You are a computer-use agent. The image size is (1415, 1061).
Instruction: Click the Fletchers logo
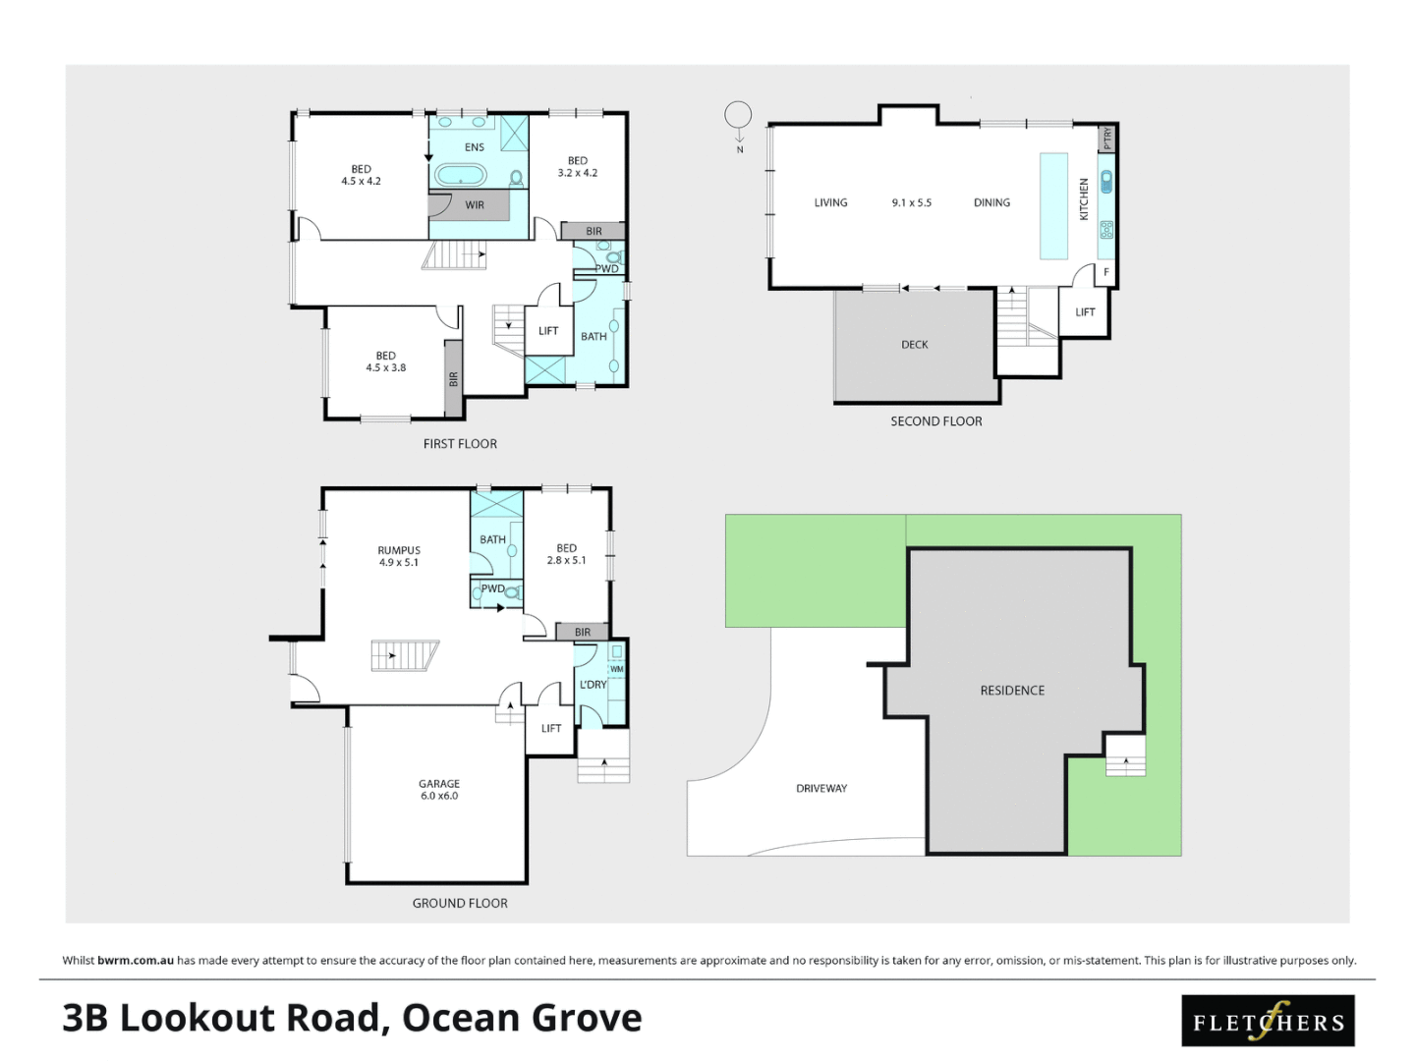click(x=1268, y=1021)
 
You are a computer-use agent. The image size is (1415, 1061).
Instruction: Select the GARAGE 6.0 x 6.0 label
click(x=439, y=790)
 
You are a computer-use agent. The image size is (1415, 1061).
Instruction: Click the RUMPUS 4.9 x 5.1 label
click(x=399, y=556)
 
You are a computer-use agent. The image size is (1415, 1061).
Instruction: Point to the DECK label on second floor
click(x=914, y=345)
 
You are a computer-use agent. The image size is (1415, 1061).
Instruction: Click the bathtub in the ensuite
click(x=460, y=176)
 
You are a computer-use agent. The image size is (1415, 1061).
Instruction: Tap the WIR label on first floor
click(x=475, y=205)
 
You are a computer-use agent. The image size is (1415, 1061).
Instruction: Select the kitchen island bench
click(x=1053, y=205)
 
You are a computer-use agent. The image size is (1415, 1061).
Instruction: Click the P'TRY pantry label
click(x=1107, y=139)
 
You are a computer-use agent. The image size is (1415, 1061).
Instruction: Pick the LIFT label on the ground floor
click(x=551, y=729)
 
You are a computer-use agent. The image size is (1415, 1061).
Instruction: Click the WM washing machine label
click(x=617, y=669)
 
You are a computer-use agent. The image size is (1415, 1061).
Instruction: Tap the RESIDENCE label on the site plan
click(x=1012, y=691)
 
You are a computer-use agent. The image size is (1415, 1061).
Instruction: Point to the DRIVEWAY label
click(x=821, y=788)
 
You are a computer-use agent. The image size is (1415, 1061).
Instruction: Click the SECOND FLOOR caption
click(x=935, y=421)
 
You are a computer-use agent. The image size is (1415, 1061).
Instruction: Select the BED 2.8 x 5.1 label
click(x=566, y=554)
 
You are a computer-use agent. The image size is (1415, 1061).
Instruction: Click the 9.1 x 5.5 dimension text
click(x=911, y=203)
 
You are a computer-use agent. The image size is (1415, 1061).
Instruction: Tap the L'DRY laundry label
click(x=593, y=685)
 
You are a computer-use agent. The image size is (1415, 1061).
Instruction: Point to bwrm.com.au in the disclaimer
click(x=136, y=961)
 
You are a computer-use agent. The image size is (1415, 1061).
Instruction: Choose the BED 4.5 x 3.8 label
click(x=385, y=362)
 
